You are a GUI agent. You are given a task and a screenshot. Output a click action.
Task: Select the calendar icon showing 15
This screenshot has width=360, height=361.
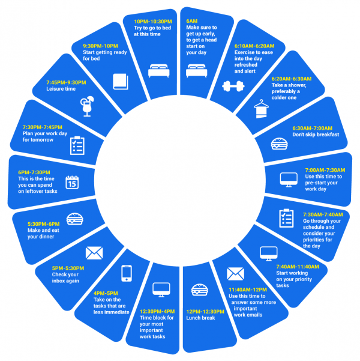72,182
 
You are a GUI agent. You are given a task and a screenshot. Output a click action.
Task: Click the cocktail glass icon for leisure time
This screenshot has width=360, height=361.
87,106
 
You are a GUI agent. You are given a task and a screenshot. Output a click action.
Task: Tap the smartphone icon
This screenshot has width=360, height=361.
127,273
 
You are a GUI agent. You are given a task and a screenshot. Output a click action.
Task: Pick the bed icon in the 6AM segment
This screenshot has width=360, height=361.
196,72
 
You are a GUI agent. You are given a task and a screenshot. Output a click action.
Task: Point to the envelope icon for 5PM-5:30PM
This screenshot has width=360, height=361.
94,252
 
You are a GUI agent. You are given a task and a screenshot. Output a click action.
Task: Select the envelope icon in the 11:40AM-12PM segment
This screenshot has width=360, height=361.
235,274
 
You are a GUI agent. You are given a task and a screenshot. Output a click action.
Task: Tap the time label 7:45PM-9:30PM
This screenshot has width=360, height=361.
66,82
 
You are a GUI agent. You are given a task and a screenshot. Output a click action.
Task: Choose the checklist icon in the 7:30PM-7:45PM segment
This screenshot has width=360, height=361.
77,145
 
